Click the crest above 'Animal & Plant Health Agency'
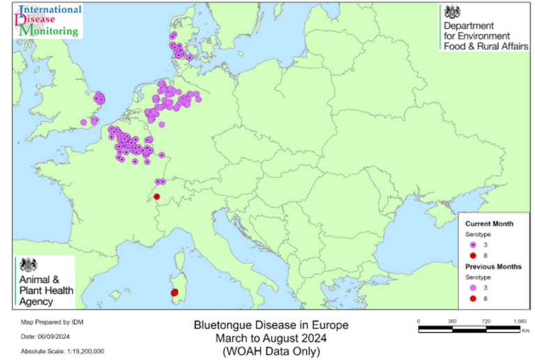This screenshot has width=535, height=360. pos(28,265)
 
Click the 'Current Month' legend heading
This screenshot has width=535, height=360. pos(489,224)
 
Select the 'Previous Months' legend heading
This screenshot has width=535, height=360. pos(493,267)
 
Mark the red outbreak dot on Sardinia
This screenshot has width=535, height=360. pos(175,292)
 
